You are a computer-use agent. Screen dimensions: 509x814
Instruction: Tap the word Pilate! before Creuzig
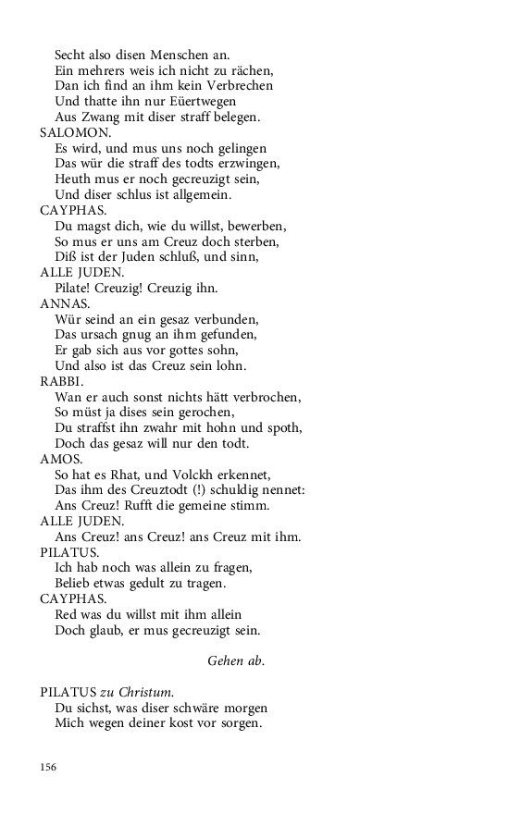click(x=77, y=288)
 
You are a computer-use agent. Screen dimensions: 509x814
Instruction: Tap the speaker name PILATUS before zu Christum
click(x=68, y=692)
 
